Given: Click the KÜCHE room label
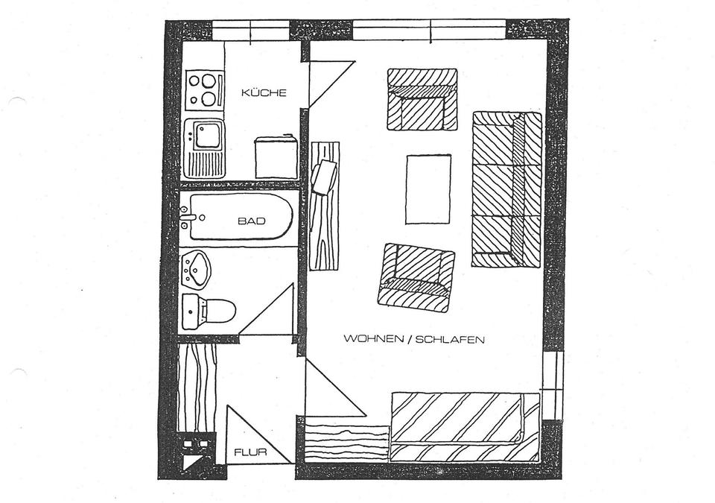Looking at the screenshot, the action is [264, 93].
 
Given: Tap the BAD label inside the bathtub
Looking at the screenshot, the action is [252, 221].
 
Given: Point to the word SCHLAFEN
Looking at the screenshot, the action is [451, 339].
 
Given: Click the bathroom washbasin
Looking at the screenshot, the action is [197, 268].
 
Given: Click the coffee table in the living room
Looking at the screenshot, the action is [428, 189].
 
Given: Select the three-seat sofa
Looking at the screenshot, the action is [506, 189].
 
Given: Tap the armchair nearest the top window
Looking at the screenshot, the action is [422, 99].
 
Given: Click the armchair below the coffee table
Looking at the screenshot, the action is [416, 277].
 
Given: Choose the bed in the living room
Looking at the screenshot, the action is [465, 426].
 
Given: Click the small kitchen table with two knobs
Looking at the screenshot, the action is [276, 157].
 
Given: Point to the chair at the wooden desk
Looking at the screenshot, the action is [324, 177].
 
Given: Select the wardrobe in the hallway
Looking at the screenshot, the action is [197, 387].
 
